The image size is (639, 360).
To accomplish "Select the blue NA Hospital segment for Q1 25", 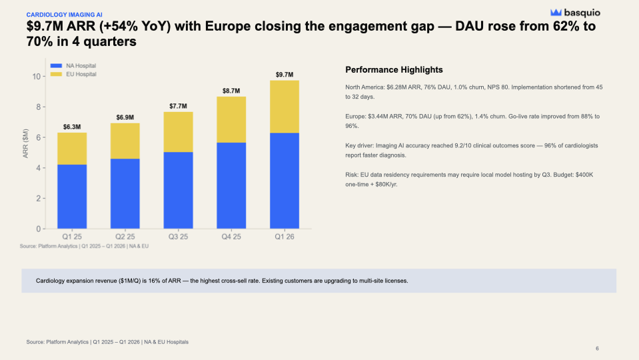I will [x=72, y=197].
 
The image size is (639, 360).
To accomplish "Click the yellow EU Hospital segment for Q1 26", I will [x=285, y=107].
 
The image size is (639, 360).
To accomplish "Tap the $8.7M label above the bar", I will [x=231, y=90].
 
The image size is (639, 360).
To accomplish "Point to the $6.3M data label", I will [x=72, y=126].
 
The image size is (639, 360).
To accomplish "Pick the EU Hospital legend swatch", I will [x=57, y=74].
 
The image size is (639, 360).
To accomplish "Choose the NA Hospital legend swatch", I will [x=57, y=65].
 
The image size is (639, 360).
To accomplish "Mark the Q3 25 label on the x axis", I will [x=178, y=237].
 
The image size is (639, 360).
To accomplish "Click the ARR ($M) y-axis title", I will [x=24, y=153].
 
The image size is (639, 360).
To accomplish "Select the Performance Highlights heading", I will [x=394, y=70].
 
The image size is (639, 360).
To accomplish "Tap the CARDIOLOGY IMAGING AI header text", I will [x=65, y=13].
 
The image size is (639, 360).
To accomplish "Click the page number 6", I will [x=597, y=349].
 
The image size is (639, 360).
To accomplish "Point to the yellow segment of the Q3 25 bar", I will [x=178, y=132].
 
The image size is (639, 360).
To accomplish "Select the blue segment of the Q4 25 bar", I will [x=231, y=185].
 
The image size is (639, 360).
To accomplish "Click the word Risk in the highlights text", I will [x=352, y=174].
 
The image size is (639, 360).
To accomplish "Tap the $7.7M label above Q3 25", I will [x=178, y=106].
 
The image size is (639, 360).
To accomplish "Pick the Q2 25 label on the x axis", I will [x=125, y=237].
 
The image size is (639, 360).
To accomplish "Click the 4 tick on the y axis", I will [x=39, y=168].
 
